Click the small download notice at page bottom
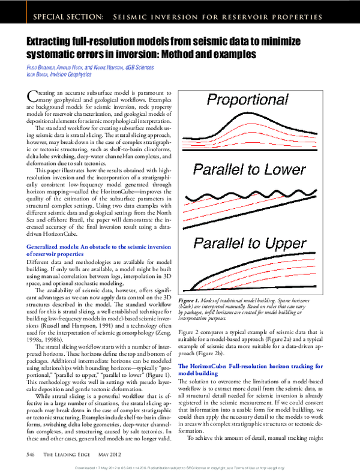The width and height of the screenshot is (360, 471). click(x=180, y=466)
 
